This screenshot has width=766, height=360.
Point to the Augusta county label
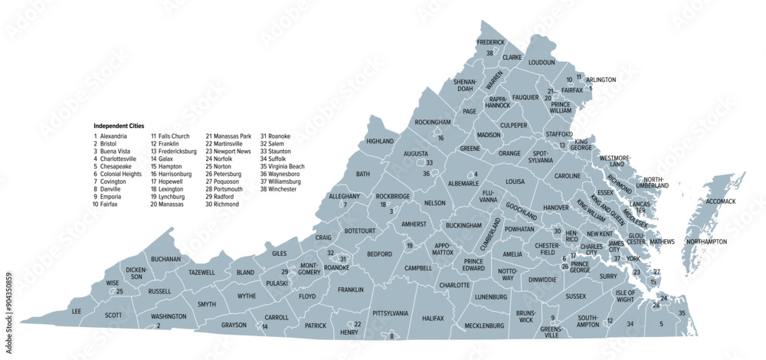[x=415, y=153]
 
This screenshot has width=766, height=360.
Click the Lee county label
[x=76, y=312]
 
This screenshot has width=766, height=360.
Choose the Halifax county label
[x=433, y=317]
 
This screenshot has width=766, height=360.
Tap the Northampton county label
[x=705, y=242]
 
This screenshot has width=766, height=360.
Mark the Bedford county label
[x=379, y=254]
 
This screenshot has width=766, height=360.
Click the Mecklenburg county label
[x=485, y=326]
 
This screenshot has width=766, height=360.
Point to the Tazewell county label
[x=202, y=272]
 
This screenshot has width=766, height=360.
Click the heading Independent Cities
[x=119, y=126]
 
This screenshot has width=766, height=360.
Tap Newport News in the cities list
[x=233, y=151]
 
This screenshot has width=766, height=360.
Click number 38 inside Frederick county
[x=489, y=53]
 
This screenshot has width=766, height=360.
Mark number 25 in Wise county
[x=119, y=292]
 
